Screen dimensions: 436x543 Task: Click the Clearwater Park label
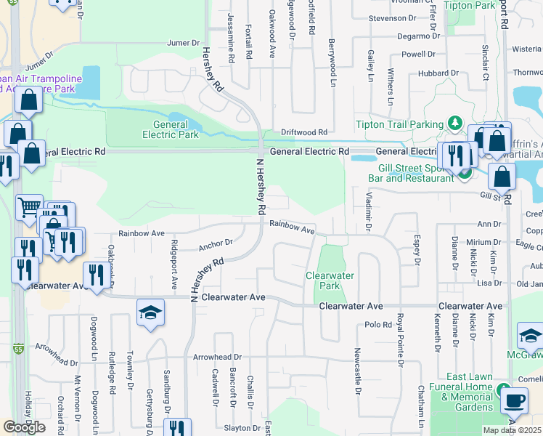(x=330, y=280)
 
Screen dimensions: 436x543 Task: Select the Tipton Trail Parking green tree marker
(x=455, y=123)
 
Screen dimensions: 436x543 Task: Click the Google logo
(x=25, y=427)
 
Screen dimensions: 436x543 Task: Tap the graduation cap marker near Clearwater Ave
(x=151, y=312)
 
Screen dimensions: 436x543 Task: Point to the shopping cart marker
(x=29, y=207)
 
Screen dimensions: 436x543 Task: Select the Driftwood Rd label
(x=305, y=132)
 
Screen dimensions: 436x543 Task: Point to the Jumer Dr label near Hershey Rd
(x=183, y=44)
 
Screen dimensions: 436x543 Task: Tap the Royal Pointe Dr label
(x=400, y=339)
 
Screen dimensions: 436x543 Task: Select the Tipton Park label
(x=469, y=5)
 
